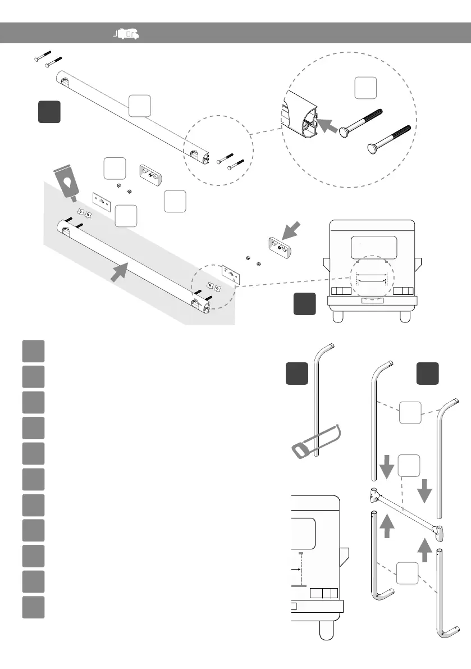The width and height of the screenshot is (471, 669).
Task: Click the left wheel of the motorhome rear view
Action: (x=339, y=316)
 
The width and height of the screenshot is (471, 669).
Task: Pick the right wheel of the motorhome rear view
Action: (x=405, y=316)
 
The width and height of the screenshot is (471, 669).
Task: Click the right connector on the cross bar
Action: (x=438, y=529)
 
